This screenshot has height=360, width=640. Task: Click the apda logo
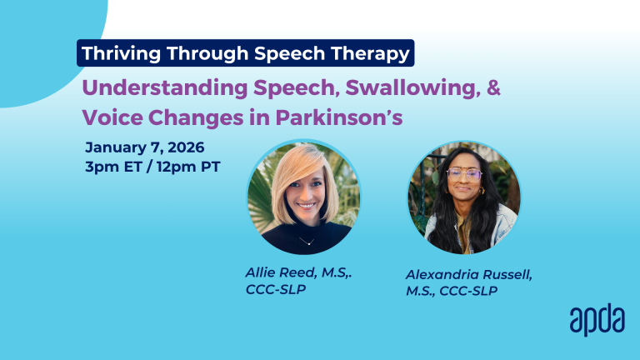pos(597,320)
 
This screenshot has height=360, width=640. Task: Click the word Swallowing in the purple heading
pos(413,87)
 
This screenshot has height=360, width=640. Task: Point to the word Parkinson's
pos(339,117)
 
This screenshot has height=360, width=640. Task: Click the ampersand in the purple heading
pos(494,87)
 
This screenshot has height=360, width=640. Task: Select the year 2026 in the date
pos(186,147)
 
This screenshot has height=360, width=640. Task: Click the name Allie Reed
pos(281,272)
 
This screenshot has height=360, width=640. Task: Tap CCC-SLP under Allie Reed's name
pos(276,289)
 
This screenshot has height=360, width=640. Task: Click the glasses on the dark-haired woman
pos(464,175)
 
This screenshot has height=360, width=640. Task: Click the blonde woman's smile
pos(306,206)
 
